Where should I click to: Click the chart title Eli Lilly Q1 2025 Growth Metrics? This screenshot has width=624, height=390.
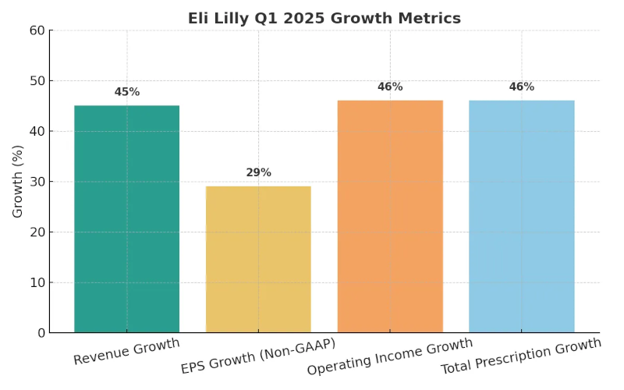pos(324,18)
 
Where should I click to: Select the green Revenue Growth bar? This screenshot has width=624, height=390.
pos(126,219)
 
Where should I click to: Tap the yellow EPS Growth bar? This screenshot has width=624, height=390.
pos(258,259)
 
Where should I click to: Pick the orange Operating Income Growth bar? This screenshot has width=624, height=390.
pos(390,216)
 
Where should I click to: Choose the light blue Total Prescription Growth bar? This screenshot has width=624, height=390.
pos(521,216)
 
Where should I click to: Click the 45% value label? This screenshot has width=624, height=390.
pos(126,92)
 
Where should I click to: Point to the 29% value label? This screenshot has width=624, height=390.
pos(258,172)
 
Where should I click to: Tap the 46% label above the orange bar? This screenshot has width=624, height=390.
pos(390,87)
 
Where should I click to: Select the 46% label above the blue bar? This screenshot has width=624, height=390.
pos(521,87)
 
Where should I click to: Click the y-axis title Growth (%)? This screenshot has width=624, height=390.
pos(18,181)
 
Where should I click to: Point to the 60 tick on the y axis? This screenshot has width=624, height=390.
pos(37,30)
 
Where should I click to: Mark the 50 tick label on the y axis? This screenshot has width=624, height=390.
pos(37,81)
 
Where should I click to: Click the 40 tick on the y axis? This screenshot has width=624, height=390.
pos(37,131)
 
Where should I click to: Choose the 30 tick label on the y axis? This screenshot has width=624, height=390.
pos(37,182)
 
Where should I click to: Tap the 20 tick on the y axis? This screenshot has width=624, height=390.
pos(37,232)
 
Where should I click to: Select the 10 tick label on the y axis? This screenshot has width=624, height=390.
pos(37,282)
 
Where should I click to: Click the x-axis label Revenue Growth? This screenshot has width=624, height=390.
pos(126,352)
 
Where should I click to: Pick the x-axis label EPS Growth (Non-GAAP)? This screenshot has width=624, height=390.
pos(258,356)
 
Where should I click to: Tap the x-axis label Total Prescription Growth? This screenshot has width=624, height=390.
pos(521,356)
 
